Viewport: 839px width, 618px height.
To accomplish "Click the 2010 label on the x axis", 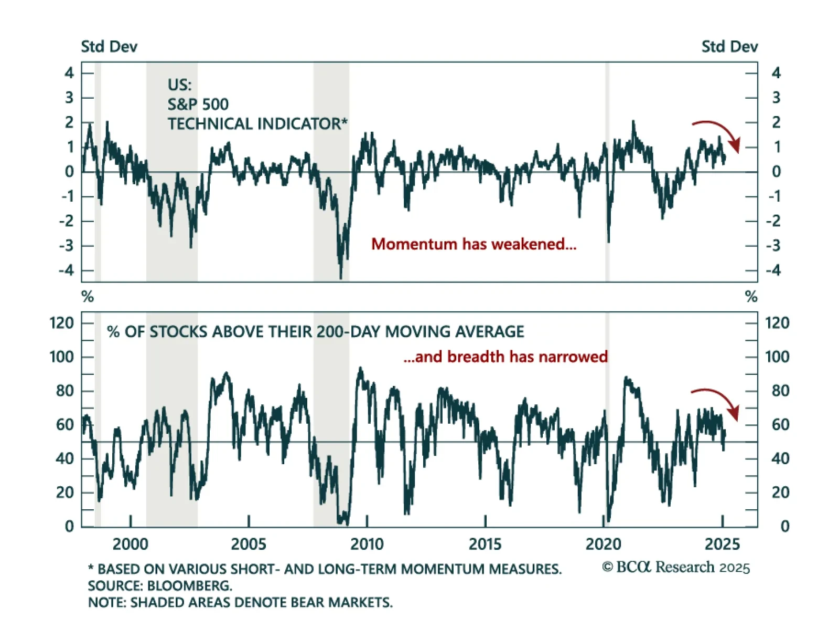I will click(367, 544).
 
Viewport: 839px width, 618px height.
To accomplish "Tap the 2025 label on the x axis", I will click(722, 544).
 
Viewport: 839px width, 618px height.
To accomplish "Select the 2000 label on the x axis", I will click(130, 544).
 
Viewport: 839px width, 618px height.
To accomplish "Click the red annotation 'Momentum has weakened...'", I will click(474, 244).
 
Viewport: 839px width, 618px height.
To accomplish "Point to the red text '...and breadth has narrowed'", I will click(505, 357).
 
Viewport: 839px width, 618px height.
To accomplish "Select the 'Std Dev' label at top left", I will click(109, 47).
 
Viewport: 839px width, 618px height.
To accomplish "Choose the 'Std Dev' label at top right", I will click(729, 47).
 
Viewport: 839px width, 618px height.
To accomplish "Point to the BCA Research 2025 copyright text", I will click(676, 568).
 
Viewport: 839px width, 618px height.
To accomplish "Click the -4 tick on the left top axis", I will click(67, 271).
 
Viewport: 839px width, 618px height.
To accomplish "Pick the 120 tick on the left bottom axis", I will click(62, 323).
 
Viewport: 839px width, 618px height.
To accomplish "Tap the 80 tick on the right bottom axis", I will click(780, 391).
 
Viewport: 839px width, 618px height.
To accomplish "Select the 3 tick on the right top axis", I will click(776, 98).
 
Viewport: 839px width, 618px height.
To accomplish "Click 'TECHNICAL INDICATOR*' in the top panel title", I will click(257, 124).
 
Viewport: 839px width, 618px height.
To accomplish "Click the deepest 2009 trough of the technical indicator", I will click(341, 277).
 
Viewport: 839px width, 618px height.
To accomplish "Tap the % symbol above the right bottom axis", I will click(751, 297).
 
